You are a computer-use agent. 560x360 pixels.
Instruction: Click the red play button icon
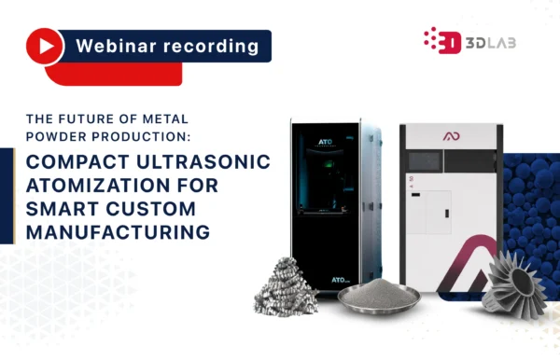point(43,45)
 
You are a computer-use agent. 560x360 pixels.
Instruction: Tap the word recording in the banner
point(211,45)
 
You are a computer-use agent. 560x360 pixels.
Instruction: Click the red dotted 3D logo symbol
point(441,40)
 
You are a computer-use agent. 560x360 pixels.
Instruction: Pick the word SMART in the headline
point(63,207)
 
